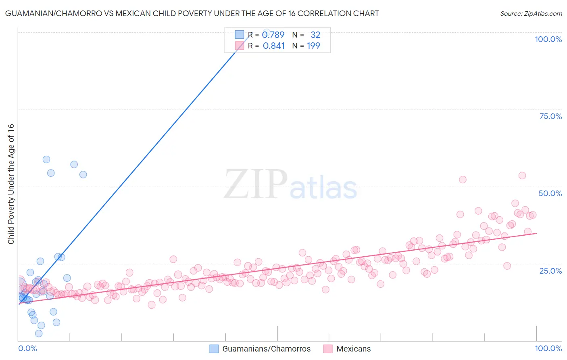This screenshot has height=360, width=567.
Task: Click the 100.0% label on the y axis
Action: [x=548, y=39]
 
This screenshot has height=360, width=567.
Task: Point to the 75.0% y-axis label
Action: [x=550, y=116]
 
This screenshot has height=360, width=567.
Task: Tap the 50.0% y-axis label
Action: [x=550, y=193]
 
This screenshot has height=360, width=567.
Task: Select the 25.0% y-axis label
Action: [x=550, y=270]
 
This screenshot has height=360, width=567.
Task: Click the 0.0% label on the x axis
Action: [x=27, y=348]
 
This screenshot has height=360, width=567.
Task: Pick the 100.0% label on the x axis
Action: [x=548, y=348]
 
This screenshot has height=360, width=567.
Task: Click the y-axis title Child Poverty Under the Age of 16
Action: [x=11, y=184]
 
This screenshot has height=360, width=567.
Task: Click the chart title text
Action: [x=192, y=13]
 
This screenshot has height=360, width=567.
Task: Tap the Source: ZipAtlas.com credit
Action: [x=531, y=13]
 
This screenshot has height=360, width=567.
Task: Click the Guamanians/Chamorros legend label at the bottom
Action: [x=266, y=349]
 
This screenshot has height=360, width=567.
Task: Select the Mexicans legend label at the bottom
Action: [x=353, y=349]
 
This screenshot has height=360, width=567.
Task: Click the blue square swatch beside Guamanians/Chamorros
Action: [x=214, y=349]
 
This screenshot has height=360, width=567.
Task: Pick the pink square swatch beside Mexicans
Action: [x=328, y=349]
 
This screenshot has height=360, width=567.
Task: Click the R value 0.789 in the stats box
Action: [x=273, y=35]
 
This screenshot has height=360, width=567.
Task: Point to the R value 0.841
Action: [x=273, y=46]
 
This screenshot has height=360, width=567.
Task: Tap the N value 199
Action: [x=313, y=46]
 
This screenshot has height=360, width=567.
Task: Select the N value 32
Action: [x=315, y=35]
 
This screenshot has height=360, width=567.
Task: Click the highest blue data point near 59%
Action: [x=46, y=159]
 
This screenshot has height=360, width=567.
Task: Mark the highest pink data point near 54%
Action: [x=522, y=176]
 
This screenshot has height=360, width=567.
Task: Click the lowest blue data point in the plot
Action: [x=39, y=333]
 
